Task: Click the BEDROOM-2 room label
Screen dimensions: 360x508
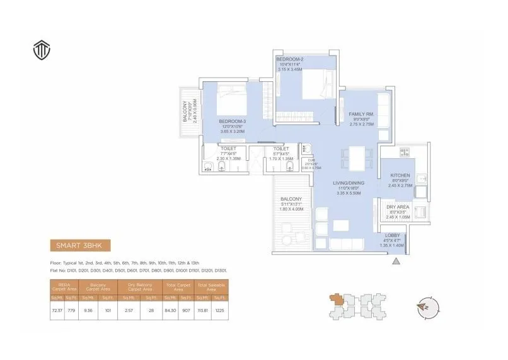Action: [290, 59]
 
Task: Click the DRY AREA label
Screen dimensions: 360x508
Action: [398, 207]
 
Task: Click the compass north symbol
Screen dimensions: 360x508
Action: [425, 308]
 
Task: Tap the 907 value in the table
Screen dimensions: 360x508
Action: [187, 310]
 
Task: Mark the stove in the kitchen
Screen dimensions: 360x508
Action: [405, 151]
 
